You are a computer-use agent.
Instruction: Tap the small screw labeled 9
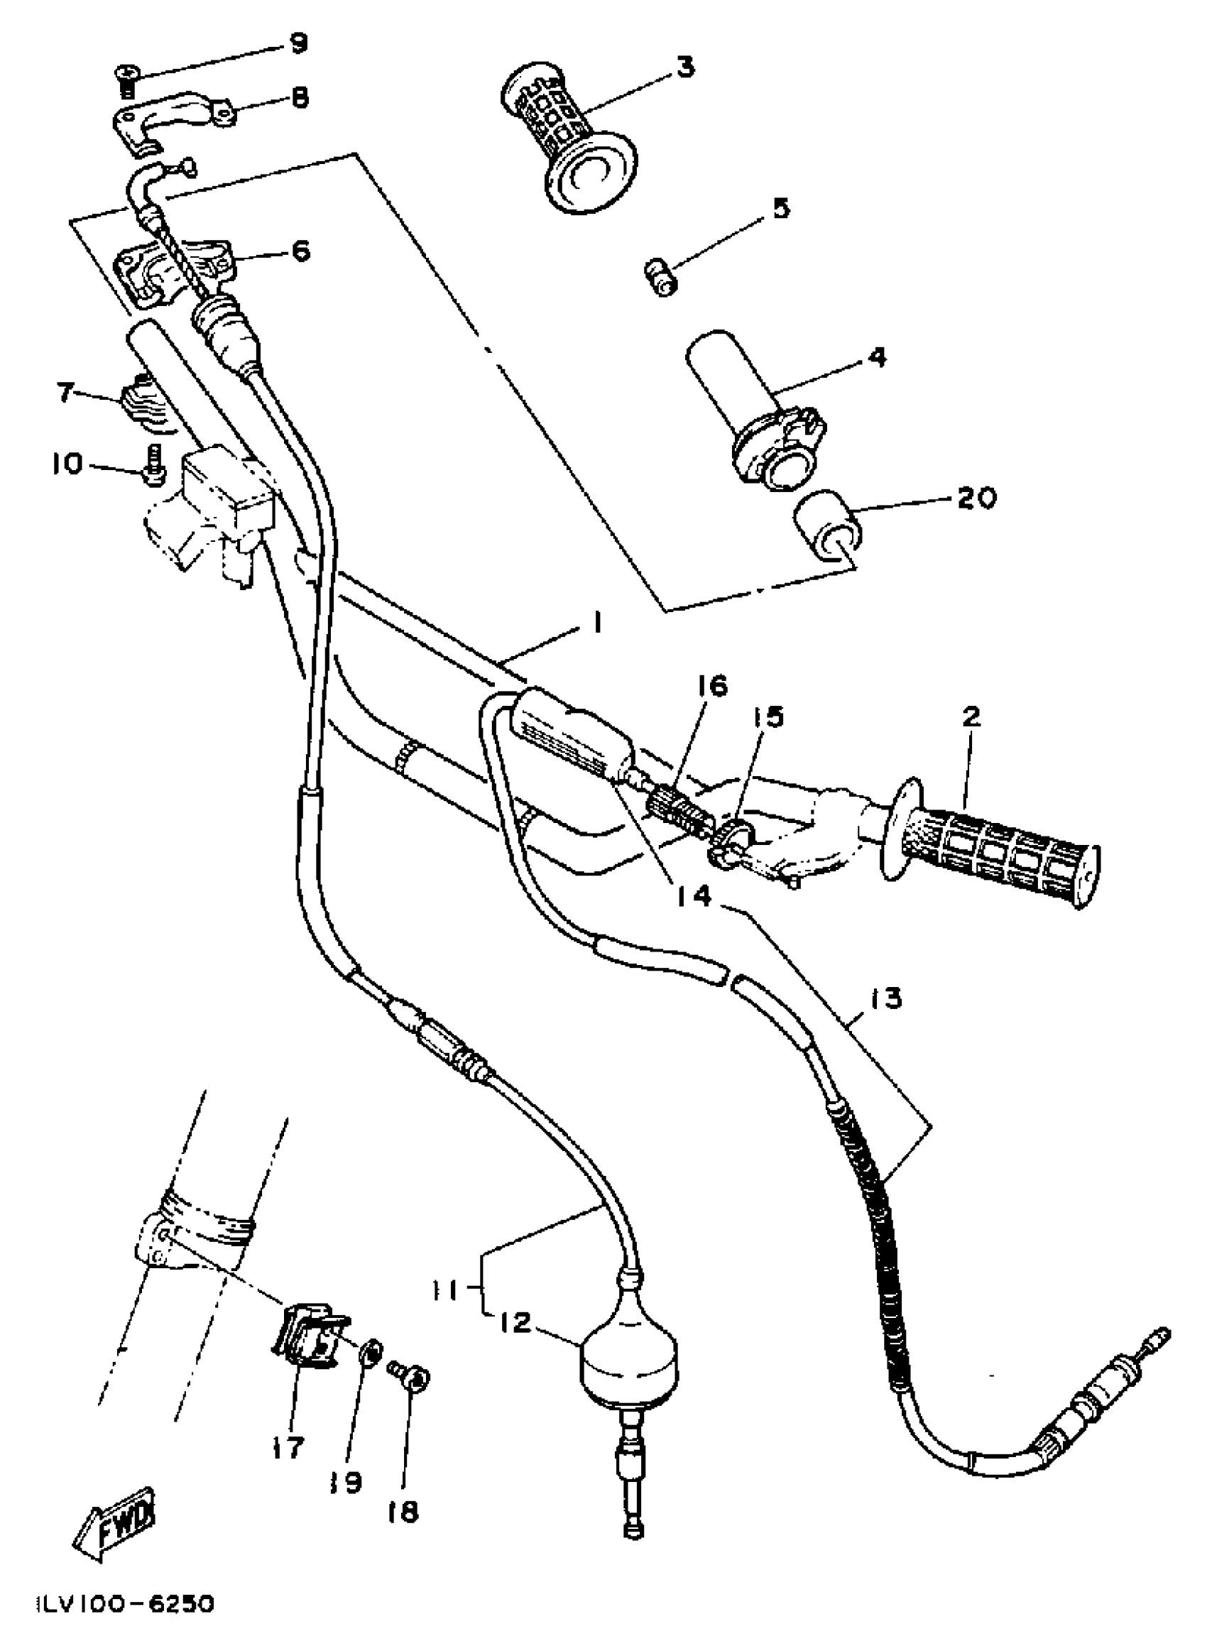click(126, 80)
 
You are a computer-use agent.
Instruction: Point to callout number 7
click(67, 393)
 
